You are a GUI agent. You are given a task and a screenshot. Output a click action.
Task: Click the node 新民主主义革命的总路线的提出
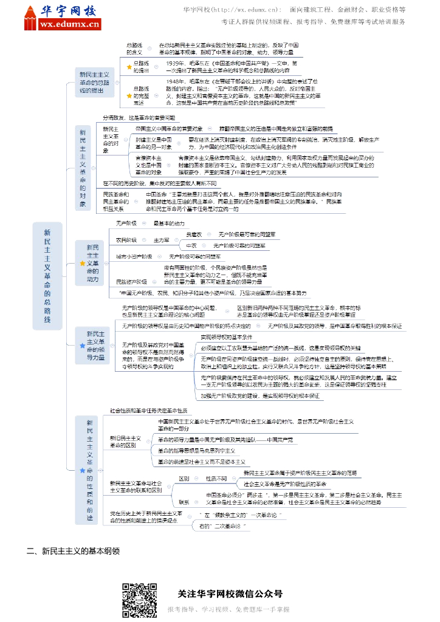(94, 82)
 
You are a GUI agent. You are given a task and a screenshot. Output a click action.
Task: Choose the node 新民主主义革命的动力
(92, 263)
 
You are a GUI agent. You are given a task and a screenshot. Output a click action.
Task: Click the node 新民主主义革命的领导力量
(95, 346)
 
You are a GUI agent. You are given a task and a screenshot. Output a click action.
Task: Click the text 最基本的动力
(168, 224)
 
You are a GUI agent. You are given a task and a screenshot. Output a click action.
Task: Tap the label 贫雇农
(194, 234)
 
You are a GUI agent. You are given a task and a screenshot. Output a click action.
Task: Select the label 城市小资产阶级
(134, 257)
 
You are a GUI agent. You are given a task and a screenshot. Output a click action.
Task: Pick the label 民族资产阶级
(131, 282)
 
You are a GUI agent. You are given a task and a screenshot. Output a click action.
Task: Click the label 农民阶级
(126, 240)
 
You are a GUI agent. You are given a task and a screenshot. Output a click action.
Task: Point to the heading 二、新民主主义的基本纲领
(72, 552)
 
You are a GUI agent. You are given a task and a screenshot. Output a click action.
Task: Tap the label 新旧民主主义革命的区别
(125, 441)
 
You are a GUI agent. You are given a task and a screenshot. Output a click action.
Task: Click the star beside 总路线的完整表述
(129, 95)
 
